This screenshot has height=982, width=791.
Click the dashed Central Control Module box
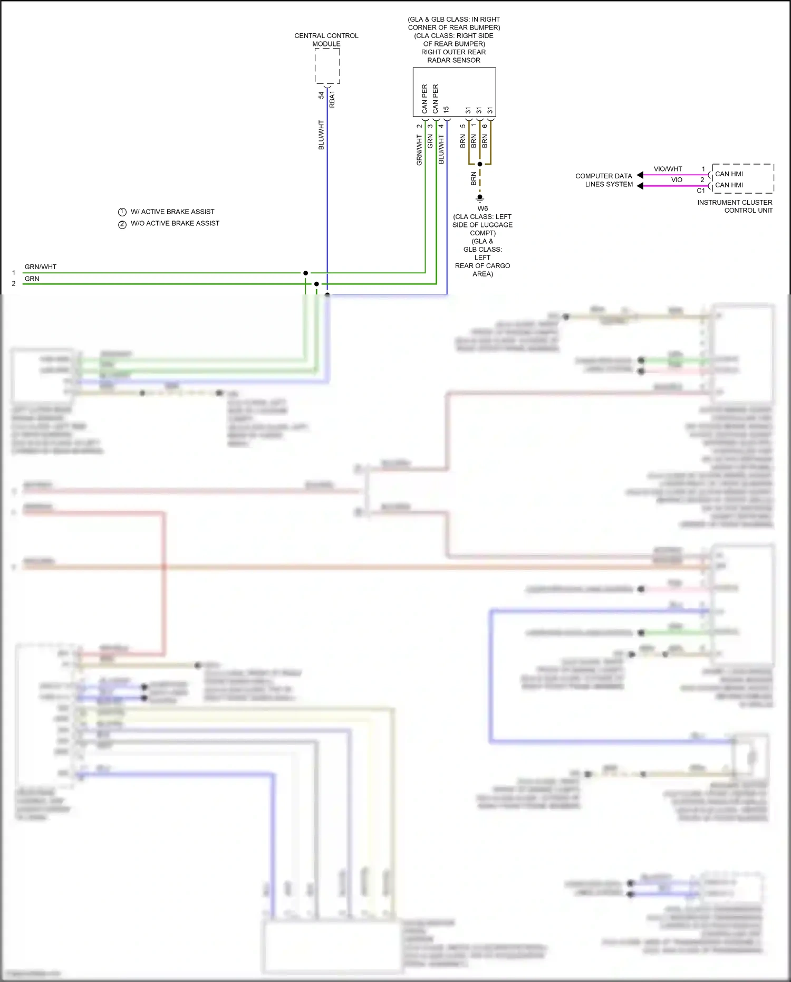327,66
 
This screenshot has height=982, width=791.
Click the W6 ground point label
483,208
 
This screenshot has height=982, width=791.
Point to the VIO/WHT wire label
668,169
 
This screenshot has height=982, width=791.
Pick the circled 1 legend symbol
122,212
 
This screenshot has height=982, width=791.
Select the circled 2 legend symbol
122,224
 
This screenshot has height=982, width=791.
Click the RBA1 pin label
332,99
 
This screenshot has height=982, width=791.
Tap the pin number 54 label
321,96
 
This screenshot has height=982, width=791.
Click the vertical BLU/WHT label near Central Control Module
321,135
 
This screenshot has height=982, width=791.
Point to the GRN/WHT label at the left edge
41,267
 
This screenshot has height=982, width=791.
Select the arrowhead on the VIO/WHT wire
640,175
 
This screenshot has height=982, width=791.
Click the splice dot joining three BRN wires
480,164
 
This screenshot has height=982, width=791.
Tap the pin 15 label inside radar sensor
446,110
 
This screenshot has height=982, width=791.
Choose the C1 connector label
700,191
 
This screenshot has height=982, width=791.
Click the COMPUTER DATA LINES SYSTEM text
604,180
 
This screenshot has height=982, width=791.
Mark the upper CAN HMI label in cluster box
729,174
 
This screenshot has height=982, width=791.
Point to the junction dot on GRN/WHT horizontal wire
305,273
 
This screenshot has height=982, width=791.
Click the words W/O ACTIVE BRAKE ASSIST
175,224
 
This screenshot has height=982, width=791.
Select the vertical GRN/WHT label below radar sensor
420,150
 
